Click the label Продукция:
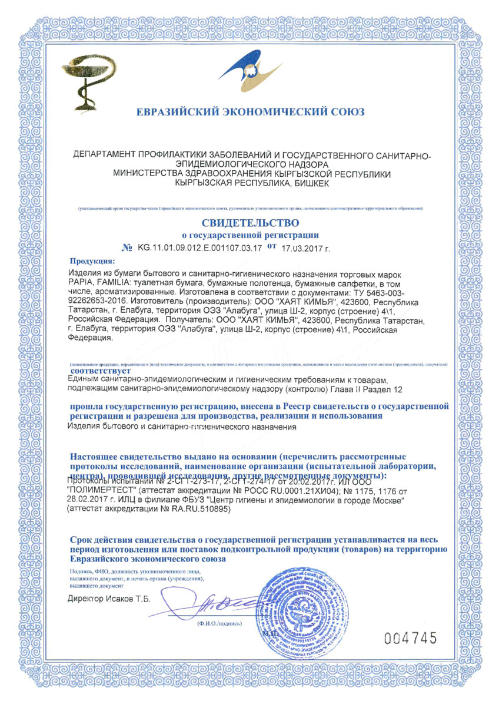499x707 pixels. [x=93, y=260]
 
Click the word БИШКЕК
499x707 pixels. [x=303, y=184]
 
